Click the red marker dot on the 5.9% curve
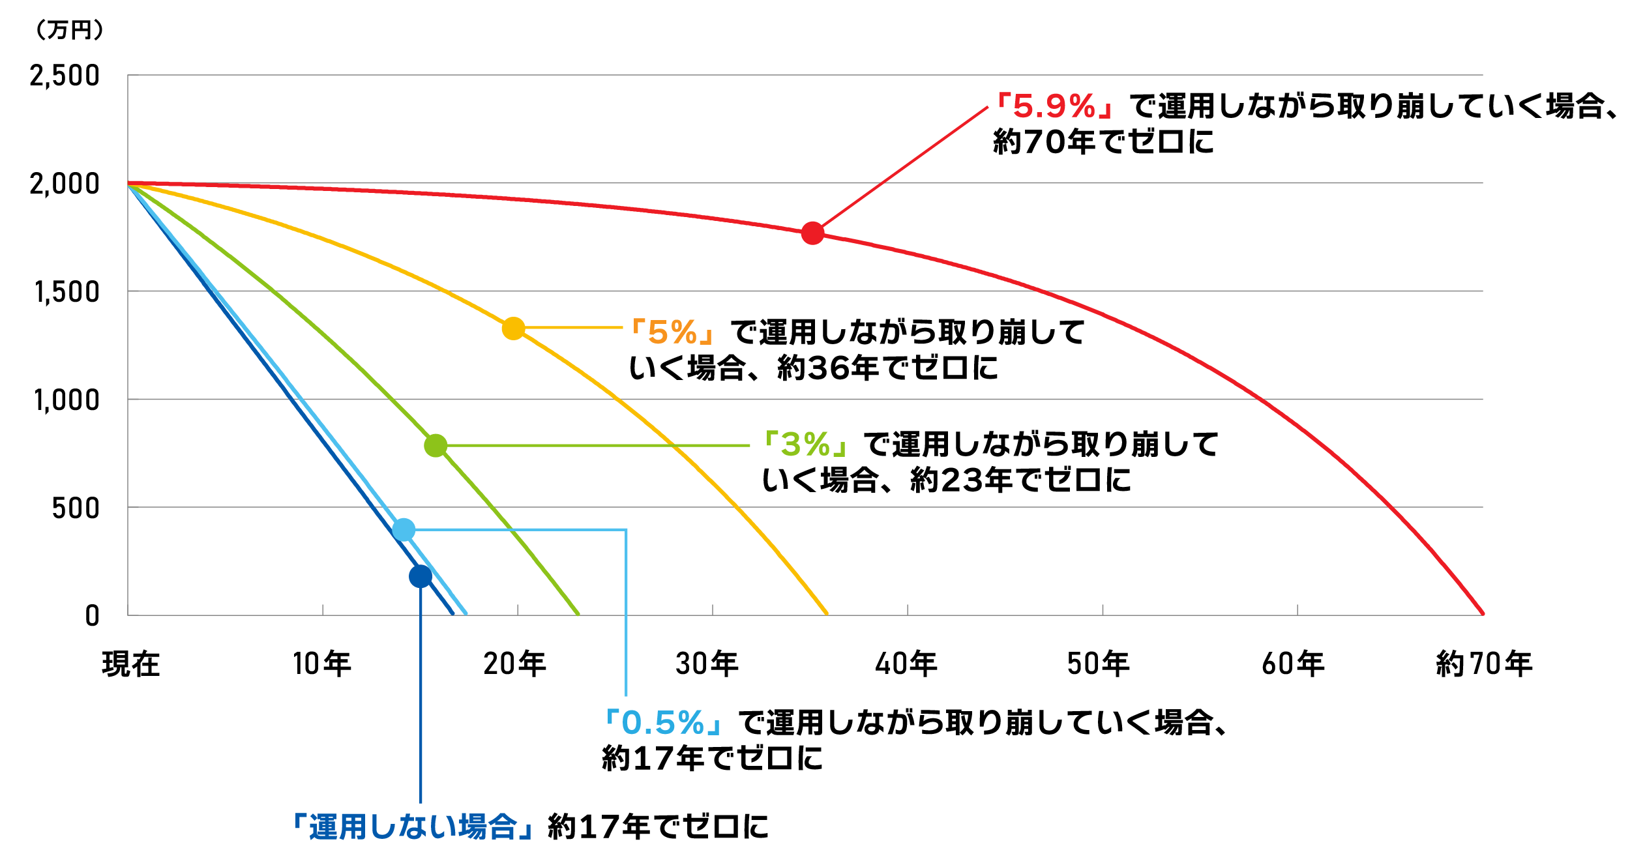click(812, 233)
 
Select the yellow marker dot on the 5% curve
click(513, 329)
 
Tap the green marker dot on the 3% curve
click(436, 446)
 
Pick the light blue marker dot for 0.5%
click(404, 530)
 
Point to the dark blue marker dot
click(421, 576)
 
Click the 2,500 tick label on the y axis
click(65, 76)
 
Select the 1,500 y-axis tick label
click(67, 292)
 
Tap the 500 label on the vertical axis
click(76, 508)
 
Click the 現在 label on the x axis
click(131, 664)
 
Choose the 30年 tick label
click(707, 664)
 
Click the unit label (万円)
click(69, 30)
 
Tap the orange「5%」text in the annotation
click(673, 332)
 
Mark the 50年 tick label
click(1098, 664)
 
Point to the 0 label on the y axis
click(92, 616)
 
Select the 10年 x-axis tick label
click(322, 664)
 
